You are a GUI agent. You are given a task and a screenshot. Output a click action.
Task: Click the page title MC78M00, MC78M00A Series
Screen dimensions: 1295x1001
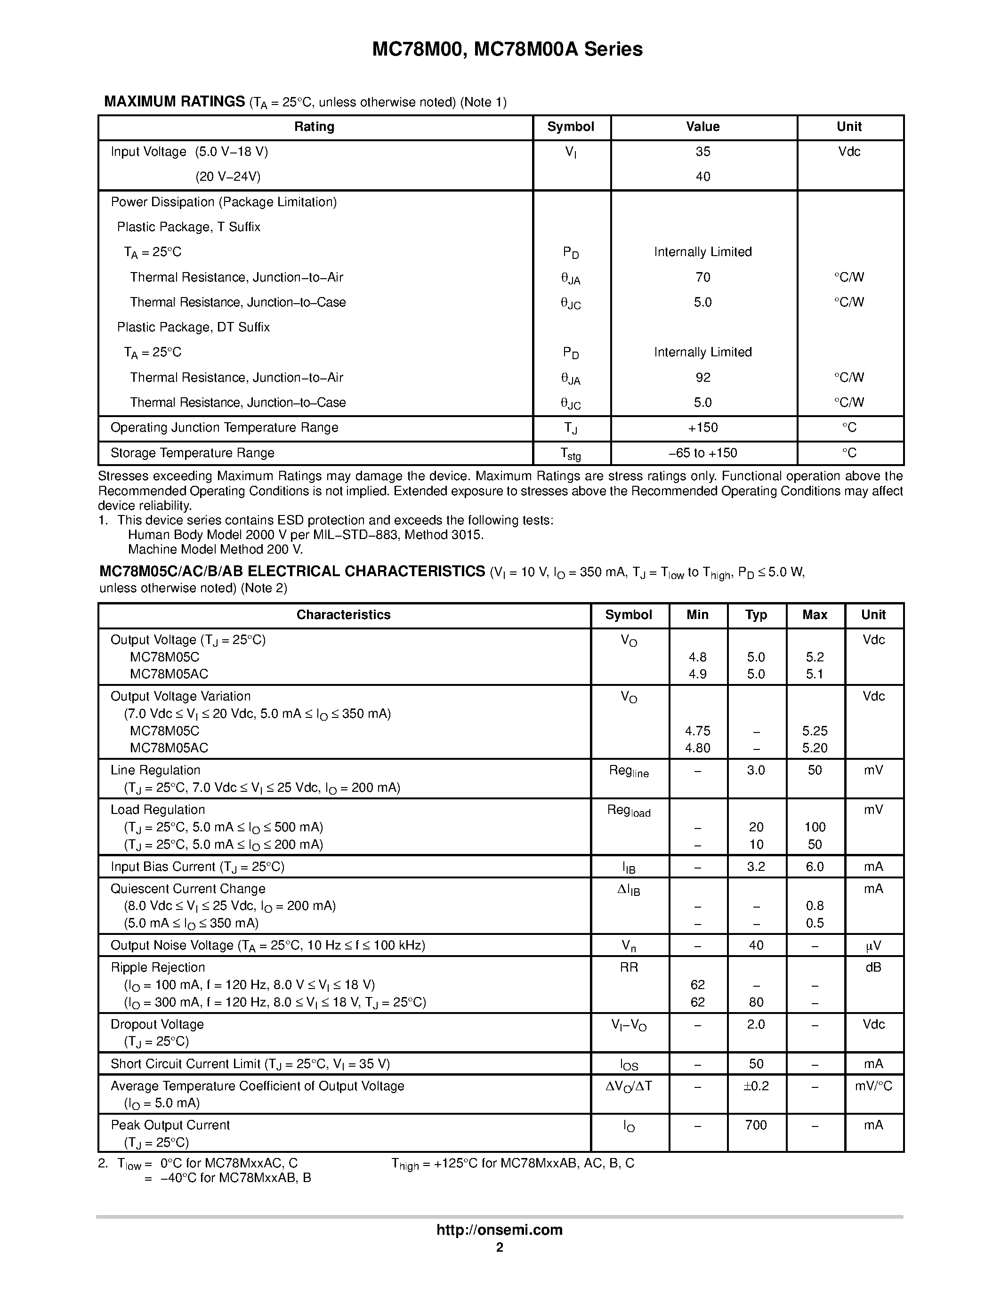click(x=507, y=49)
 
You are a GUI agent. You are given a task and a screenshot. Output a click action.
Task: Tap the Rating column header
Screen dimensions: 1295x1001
click(x=315, y=127)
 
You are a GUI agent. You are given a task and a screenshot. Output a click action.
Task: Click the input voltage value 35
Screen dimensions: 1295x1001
click(x=702, y=152)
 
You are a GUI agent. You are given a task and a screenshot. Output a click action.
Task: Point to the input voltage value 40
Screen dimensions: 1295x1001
click(x=702, y=177)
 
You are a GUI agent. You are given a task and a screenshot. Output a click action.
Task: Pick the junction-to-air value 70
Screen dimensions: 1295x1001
click(x=702, y=278)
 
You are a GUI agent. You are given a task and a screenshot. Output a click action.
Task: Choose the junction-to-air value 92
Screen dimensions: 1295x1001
click(x=702, y=378)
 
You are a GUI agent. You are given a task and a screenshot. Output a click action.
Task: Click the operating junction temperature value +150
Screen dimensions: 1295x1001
click(x=702, y=427)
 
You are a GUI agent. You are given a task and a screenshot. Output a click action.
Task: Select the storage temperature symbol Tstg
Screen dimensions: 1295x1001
click(x=571, y=454)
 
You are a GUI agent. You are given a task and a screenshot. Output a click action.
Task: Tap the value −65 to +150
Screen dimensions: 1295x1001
click(x=702, y=453)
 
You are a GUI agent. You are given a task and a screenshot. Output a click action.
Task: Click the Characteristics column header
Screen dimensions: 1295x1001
click(x=343, y=615)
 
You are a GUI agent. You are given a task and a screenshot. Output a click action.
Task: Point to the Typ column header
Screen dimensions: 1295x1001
click(x=756, y=615)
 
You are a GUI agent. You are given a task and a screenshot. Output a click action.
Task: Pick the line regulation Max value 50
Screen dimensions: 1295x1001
click(x=815, y=770)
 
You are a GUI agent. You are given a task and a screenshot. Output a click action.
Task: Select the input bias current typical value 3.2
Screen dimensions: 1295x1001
click(x=756, y=867)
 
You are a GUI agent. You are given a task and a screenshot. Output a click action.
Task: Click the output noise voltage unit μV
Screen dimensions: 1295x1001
click(x=873, y=946)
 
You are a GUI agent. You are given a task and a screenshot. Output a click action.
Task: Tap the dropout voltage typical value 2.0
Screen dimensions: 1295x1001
click(x=756, y=1025)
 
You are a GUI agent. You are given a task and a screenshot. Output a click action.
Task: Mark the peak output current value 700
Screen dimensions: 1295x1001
click(x=756, y=1126)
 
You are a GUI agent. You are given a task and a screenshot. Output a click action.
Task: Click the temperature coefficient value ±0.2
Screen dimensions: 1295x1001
click(x=756, y=1086)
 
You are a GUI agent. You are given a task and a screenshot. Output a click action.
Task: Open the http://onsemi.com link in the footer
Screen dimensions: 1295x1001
click(x=499, y=1230)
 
